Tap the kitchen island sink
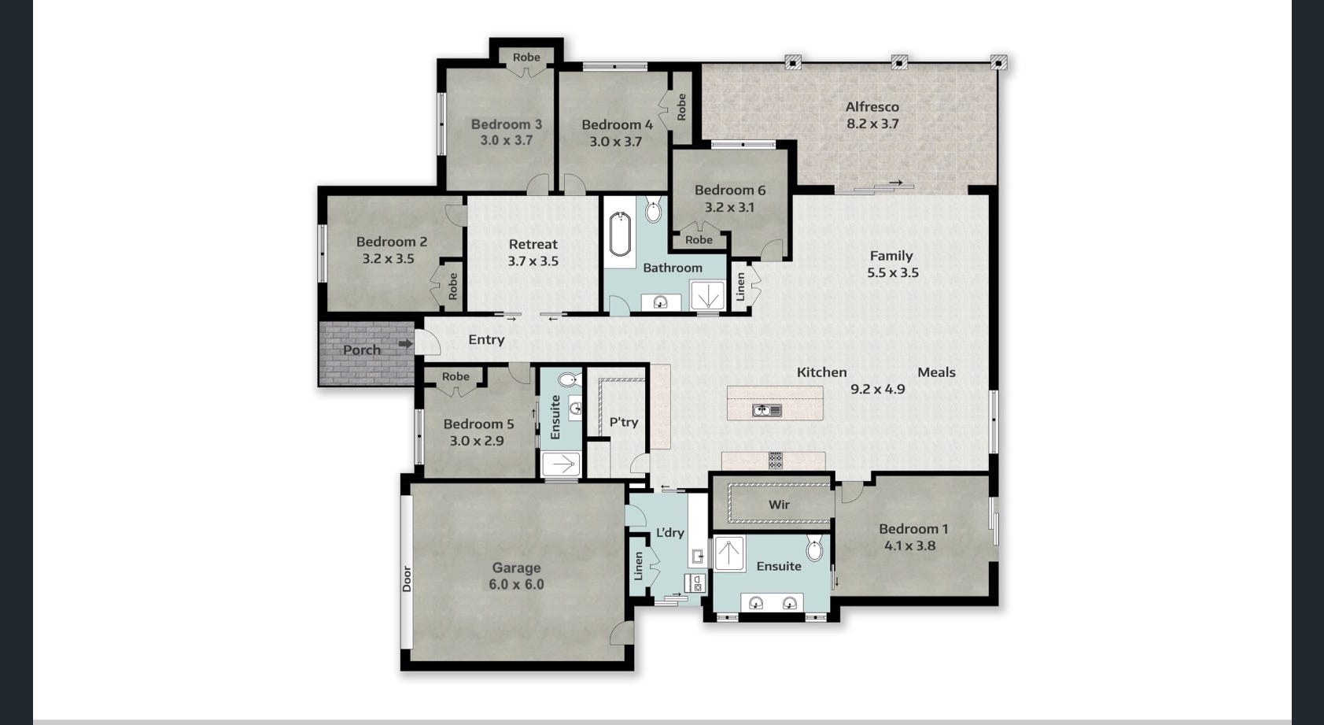(x=766, y=410)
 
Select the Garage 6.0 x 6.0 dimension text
(x=516, y=585)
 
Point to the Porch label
(x=362, y=350)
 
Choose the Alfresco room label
(x=872, y=107)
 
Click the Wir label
(x=779, y=505)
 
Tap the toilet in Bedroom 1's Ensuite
(x=814, y=548)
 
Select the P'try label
(x=624, y=422)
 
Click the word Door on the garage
(x=407, y=579)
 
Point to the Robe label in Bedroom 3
(x=526, y=57)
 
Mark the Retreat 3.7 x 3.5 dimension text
(x=533, y=261)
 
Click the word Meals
(x=936, y=372)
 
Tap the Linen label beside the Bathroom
(x=740, y=287)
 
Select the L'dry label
(x=669, y=533)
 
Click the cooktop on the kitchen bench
(x=776, y=461)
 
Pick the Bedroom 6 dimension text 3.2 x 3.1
(x=729, y=208)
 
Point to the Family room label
(x=891, y=256)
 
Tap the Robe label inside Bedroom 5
(x=455, y=376)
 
